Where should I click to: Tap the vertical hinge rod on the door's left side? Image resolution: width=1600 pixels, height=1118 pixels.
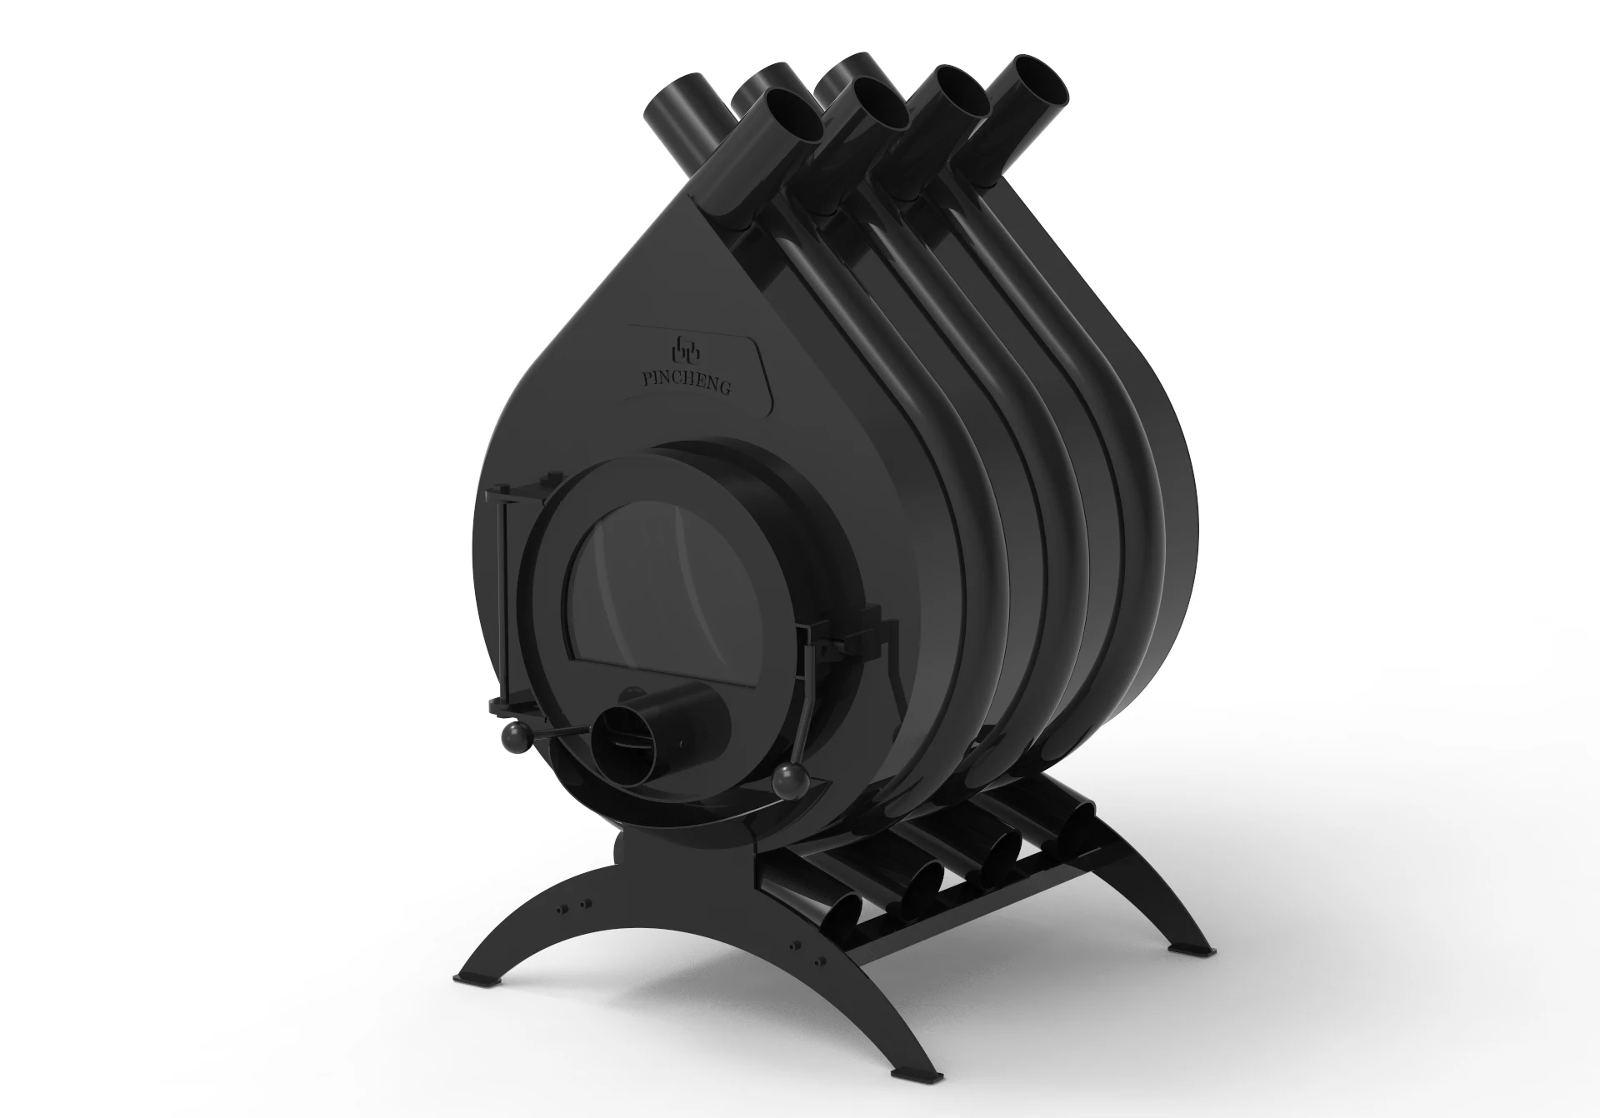tap(502, 600)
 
